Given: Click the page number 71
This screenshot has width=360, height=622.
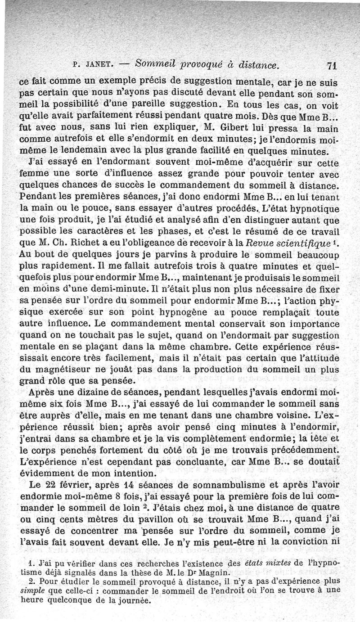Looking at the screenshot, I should click(333, 64).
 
